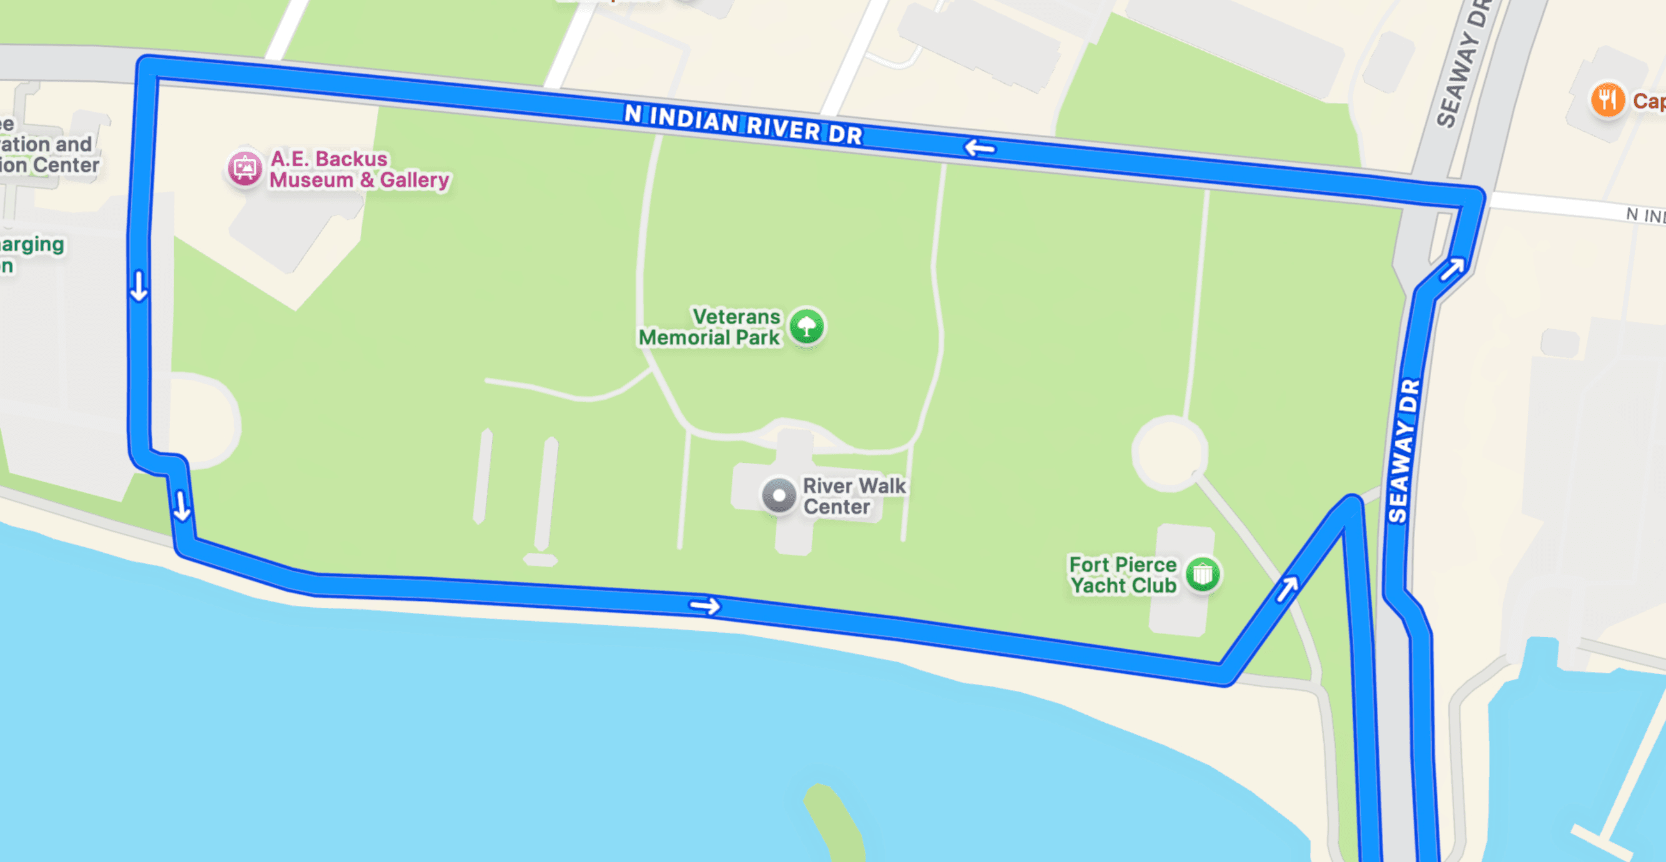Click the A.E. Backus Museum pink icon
pos(245,168)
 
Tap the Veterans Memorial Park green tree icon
pos(807,326)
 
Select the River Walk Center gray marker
pos(779,497)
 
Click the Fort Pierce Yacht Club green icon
pos(1202,574)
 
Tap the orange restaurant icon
pos(1607,101)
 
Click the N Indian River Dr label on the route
pos(743,124)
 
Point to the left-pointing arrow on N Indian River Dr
pos(980,148)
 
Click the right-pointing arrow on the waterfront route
pos(704,607)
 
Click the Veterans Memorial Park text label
pos(709,327)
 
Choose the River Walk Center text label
pos(854,497)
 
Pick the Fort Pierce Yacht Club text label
pos(1123,575)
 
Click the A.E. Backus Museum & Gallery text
pos(359,169)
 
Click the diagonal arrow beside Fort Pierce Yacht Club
pos(1286,588)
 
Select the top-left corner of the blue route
pos(146,67)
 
